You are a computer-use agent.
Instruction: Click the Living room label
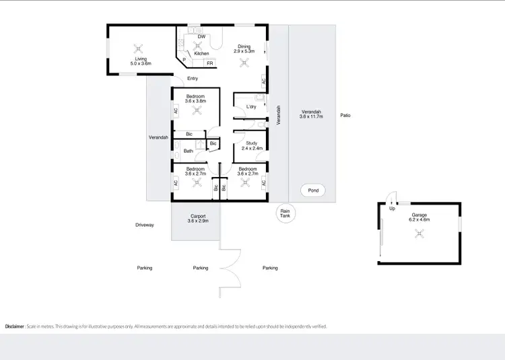[141, 59]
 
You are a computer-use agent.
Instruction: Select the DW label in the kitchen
[201, 36]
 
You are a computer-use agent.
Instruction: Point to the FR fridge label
[210, 63]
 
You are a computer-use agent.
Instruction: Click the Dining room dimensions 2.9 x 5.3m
[245, 51]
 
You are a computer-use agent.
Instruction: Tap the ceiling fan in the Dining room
[245, 63]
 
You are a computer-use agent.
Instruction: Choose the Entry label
[193, 79]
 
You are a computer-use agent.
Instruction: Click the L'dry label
[251, 107]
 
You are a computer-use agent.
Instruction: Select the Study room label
[251, 143]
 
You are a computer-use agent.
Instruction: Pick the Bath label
[188, 151]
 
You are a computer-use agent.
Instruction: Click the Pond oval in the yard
[312, 191]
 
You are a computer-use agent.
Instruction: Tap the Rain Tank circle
[285, 213]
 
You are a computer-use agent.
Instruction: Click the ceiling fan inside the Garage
[420, 234]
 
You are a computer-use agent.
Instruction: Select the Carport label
[198, 216]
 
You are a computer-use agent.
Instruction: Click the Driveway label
[145, 225]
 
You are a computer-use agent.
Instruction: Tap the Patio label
[345, 115]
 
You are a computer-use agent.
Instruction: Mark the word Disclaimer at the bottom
[15, 326]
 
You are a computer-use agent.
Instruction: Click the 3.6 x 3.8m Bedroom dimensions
[195, 101]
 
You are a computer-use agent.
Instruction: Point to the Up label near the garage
[393, 208]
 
